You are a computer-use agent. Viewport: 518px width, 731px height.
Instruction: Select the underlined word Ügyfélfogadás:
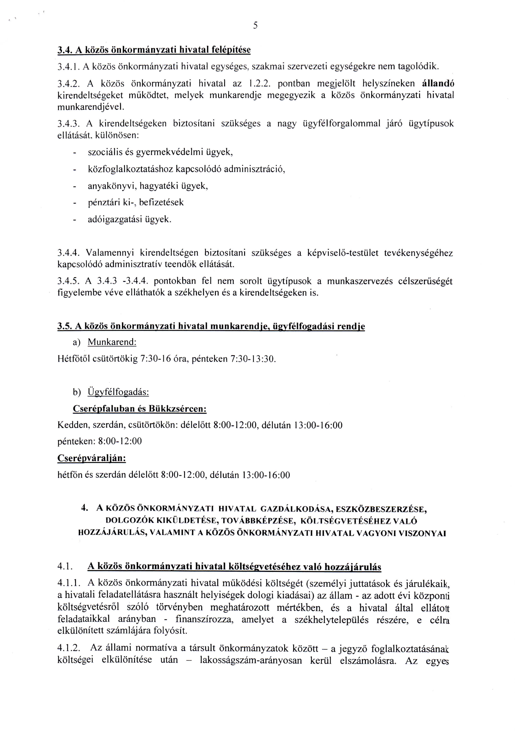118,392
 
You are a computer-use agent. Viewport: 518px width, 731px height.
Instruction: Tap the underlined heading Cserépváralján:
92,459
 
